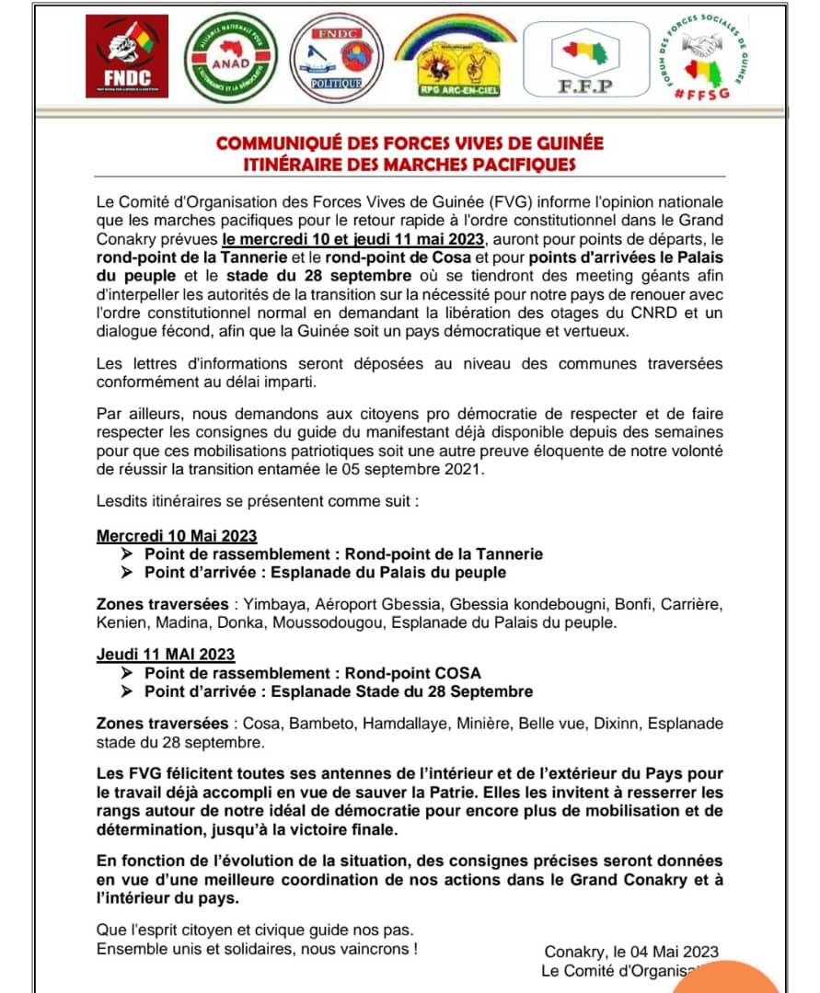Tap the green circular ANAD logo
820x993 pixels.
(229, 60)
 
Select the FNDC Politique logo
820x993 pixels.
(335, 58)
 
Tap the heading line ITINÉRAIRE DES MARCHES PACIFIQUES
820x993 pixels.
(409, 165)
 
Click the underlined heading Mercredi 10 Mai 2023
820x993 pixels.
(177, 536)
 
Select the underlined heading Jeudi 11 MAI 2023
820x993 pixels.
(166, 655)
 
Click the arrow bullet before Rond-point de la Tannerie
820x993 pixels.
(127, 554)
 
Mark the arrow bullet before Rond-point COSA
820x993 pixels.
(127, 673)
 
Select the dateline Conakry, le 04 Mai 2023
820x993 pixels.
(630, 952)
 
